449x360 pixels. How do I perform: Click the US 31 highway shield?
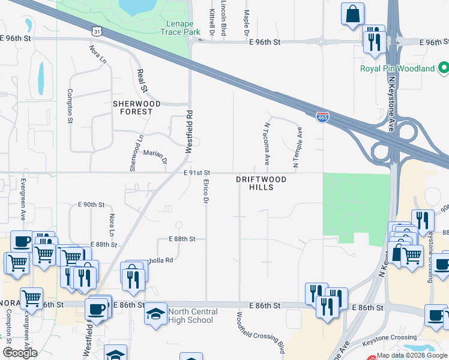97,30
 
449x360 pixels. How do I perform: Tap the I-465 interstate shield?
322,117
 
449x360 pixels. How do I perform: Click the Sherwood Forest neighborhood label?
137,107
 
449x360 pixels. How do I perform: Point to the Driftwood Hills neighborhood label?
261,183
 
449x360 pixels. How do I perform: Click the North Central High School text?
190,316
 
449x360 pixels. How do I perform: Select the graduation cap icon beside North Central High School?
155,314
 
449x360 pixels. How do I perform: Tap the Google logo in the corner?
19,353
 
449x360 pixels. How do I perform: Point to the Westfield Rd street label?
188,131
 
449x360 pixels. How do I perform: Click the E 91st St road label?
196,173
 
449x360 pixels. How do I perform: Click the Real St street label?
142,80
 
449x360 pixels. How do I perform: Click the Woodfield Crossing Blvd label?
259,332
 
